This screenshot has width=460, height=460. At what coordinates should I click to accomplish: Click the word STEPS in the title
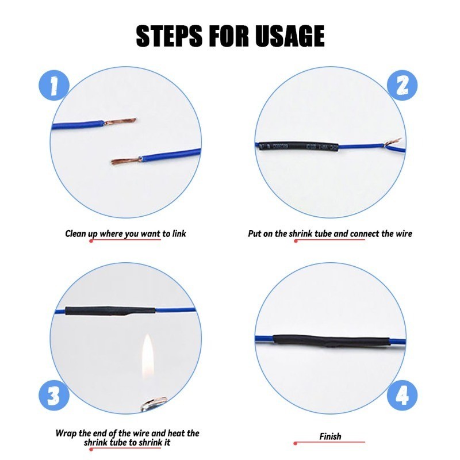(x=169, y=36)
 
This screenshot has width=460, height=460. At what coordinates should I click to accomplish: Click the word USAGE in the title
(x=290, y=36)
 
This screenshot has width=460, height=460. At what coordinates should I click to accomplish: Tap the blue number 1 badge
(x=54, y=85)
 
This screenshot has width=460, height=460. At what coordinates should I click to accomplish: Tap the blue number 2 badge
(x=402, y=85)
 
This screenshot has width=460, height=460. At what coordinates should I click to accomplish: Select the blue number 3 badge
(x=54, y=396)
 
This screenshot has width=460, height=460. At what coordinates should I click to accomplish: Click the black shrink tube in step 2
(x=298, y=147)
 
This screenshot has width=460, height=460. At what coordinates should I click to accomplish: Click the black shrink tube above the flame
(x=110, y=310)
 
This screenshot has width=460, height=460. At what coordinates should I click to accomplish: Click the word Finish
(x=330, y=436)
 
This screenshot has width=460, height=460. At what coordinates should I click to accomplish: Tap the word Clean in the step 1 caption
(x=76, y=233)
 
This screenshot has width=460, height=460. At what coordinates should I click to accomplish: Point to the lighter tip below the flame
(x=154, y=404)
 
